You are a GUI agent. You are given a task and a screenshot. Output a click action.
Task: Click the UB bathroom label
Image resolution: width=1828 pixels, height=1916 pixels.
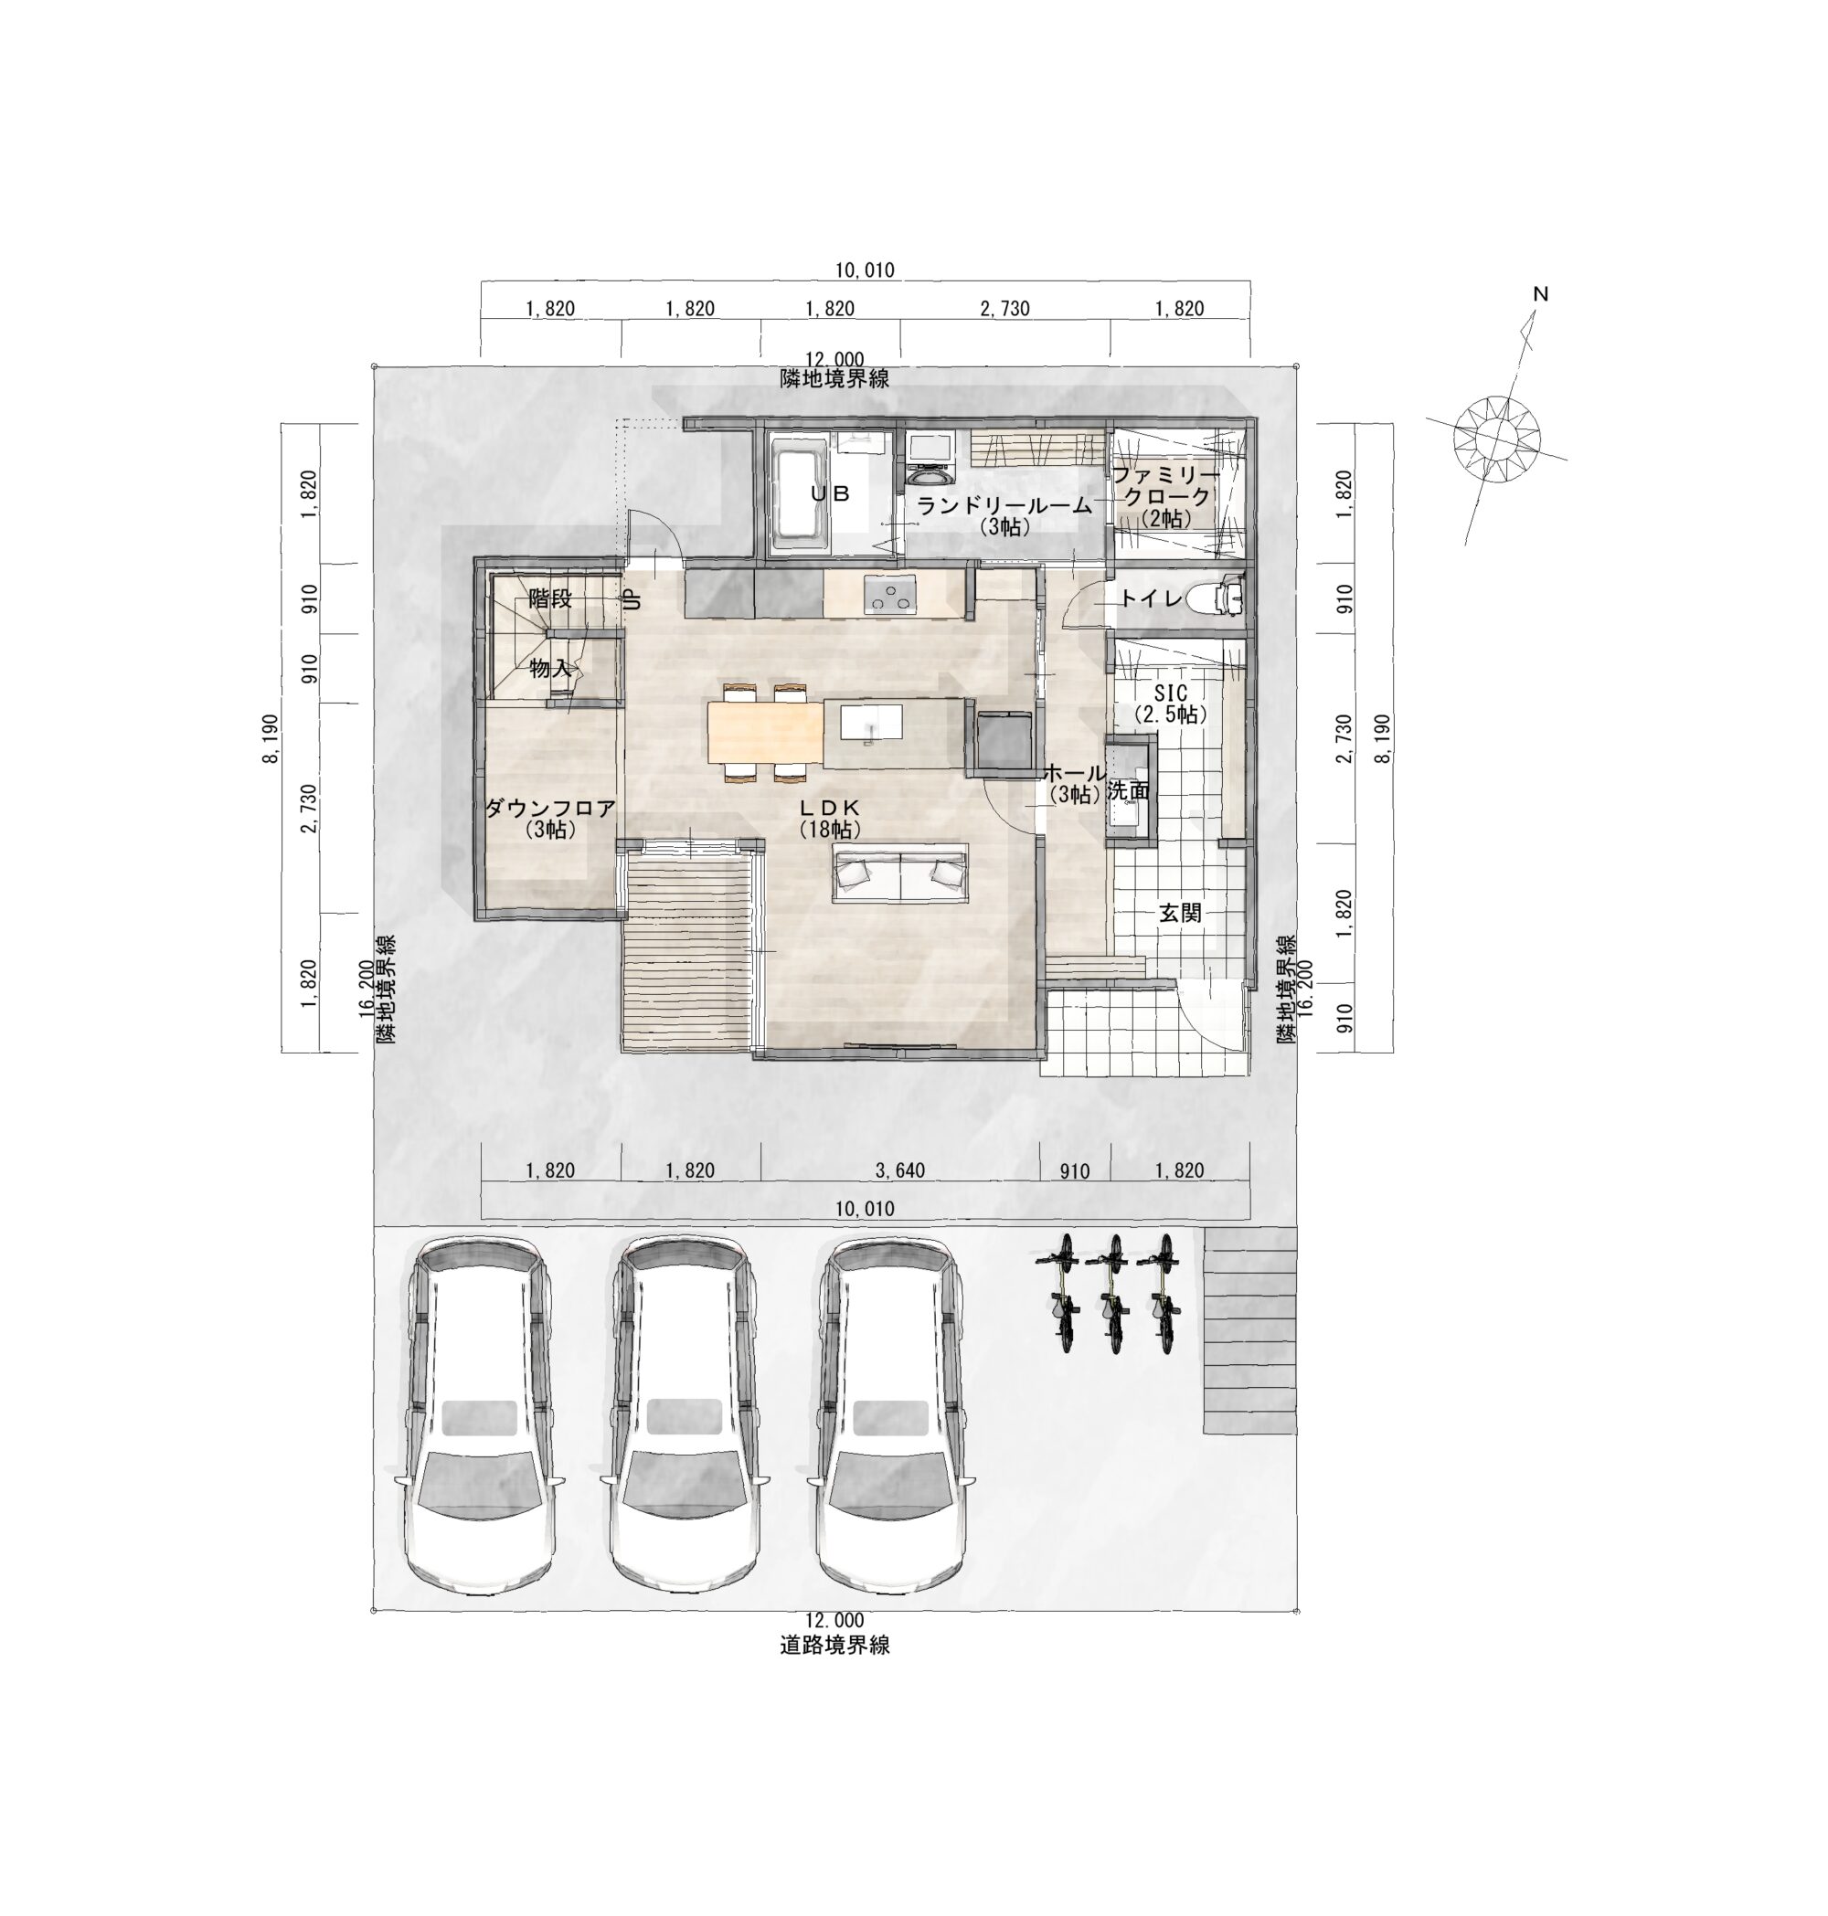pyautogui.click(x=830, y=494)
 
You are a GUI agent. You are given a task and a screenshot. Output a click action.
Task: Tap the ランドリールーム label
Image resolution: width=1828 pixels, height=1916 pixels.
pyautogui.click(x=1004, y=504)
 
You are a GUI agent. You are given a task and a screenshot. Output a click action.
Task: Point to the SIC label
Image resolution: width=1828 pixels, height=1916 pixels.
pyautogui.click(x=1170, y=693)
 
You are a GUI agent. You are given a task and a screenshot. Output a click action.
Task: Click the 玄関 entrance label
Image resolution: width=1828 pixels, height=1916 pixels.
pyautogui.click(x=1179, y=913)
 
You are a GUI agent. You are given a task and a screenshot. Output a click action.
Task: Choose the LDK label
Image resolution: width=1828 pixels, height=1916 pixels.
pyautogui.click(x=830, y=808)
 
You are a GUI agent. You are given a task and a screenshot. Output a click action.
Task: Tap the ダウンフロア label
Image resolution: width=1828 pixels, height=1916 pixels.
pyautogui.click(x=550, y=808)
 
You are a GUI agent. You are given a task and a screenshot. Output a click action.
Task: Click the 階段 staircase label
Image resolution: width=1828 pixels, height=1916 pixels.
pyautogui.click(x=550, y=598)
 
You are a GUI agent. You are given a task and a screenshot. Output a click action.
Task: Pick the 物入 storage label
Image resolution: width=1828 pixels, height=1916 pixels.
pyautogui.click(x=550, y=668)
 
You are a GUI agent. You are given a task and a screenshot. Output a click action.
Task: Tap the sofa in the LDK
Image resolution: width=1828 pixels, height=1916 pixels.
pyautogui.click(x=899, y=873)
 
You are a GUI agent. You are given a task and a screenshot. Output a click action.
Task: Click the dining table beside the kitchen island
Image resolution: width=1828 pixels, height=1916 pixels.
pyautogui.click(x=766, y=733)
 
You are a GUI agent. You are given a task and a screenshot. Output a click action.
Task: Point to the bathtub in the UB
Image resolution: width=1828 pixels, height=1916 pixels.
pyautogui.click(x=801, y=495)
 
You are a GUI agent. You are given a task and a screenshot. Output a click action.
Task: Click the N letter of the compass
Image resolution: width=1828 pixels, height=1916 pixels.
pyautogui.click(x=1541, y=293)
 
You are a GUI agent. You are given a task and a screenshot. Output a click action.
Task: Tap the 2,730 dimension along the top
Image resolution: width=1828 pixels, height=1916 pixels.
pyautogui.click(x=1004, y=309)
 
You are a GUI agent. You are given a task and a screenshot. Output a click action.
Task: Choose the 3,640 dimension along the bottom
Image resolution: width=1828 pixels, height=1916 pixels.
pyautogui.click(x=899, y=1170)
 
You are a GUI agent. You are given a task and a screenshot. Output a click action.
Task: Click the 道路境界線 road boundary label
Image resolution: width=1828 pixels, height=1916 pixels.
pyautogui.click(x=835, y=1646)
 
